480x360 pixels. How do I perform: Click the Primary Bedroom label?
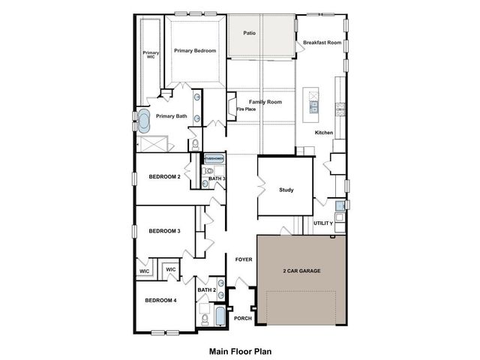(x=195, y=51)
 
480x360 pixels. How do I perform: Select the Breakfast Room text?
(x=322, y=43)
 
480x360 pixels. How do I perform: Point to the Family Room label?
(x=265, y=101)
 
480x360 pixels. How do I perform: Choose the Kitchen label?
(x=323, y=133)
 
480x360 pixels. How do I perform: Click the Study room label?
(x=286, y=190)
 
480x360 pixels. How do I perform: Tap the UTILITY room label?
(x=323, y=223)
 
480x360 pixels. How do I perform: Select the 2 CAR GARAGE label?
(x=301, y=271)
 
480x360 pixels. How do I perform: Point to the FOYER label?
(x=243, y=259)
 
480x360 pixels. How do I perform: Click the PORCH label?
(x=243, y=318)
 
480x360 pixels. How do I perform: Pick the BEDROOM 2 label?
(x=164, y=177)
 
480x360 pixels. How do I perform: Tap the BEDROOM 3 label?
(x=164, y=231)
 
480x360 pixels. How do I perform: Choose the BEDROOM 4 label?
(x=160, y=300)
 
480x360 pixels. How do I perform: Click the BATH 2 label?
(x=207, y=289)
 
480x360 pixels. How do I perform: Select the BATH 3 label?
(x=217, y=178)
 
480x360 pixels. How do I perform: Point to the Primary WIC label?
(x=151, y=55)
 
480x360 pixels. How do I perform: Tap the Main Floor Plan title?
(x=239, y=350)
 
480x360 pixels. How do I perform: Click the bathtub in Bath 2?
(x=220, y=316)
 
